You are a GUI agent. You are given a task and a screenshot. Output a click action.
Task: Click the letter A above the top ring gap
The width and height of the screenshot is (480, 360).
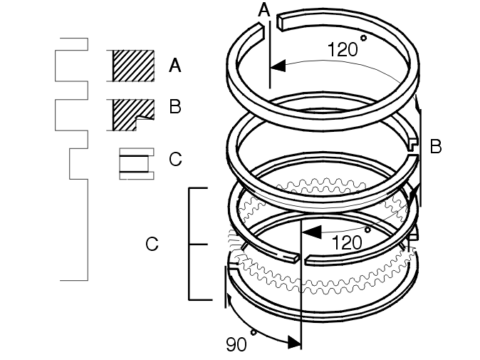click(x=264, y=9)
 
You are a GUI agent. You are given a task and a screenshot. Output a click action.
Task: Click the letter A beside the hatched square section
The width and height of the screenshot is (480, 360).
click(x=174, y=66)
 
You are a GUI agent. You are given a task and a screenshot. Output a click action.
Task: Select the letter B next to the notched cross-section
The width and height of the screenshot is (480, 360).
click(x=174, y=107)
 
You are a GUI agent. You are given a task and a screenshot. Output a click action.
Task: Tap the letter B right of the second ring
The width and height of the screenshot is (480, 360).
click(x=436, y=146)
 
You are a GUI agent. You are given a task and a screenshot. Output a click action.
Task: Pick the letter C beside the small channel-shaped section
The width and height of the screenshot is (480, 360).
click(x=175, y=159)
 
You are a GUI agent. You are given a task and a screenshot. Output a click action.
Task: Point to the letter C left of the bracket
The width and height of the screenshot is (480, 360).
click(x=152, y=244)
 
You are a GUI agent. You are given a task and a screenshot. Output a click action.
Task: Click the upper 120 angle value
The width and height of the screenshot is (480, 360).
click(x=343, y=49)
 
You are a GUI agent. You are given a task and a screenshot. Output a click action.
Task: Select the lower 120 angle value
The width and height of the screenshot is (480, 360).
click(x=347, y=242)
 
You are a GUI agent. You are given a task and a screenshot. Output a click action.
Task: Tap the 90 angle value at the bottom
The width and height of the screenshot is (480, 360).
click(x=236, y=344)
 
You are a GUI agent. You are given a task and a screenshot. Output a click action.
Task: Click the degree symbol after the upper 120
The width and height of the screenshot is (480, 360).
click(x=363, y=38)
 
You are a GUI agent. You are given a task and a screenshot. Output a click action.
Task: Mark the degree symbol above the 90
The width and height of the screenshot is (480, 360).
click(x=253, y=332)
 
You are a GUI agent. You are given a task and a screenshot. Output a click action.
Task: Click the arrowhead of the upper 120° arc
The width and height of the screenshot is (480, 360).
click(x=278, y=66)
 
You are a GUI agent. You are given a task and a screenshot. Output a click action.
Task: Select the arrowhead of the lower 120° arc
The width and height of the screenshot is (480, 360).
click(x=311, y=232)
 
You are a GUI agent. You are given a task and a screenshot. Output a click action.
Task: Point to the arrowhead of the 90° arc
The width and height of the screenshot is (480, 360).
click(x=294, y=342)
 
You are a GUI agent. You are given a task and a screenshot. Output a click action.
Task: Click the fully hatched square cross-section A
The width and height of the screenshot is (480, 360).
click(x=133, y=66)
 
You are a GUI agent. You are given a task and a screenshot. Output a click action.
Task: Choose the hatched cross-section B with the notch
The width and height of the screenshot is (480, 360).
click(x=133, y=115)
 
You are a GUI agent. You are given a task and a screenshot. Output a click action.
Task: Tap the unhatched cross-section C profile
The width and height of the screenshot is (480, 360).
click(x=137, y=164)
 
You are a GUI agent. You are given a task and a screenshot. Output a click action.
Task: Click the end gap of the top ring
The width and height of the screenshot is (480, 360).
click(x=270, y=26)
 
